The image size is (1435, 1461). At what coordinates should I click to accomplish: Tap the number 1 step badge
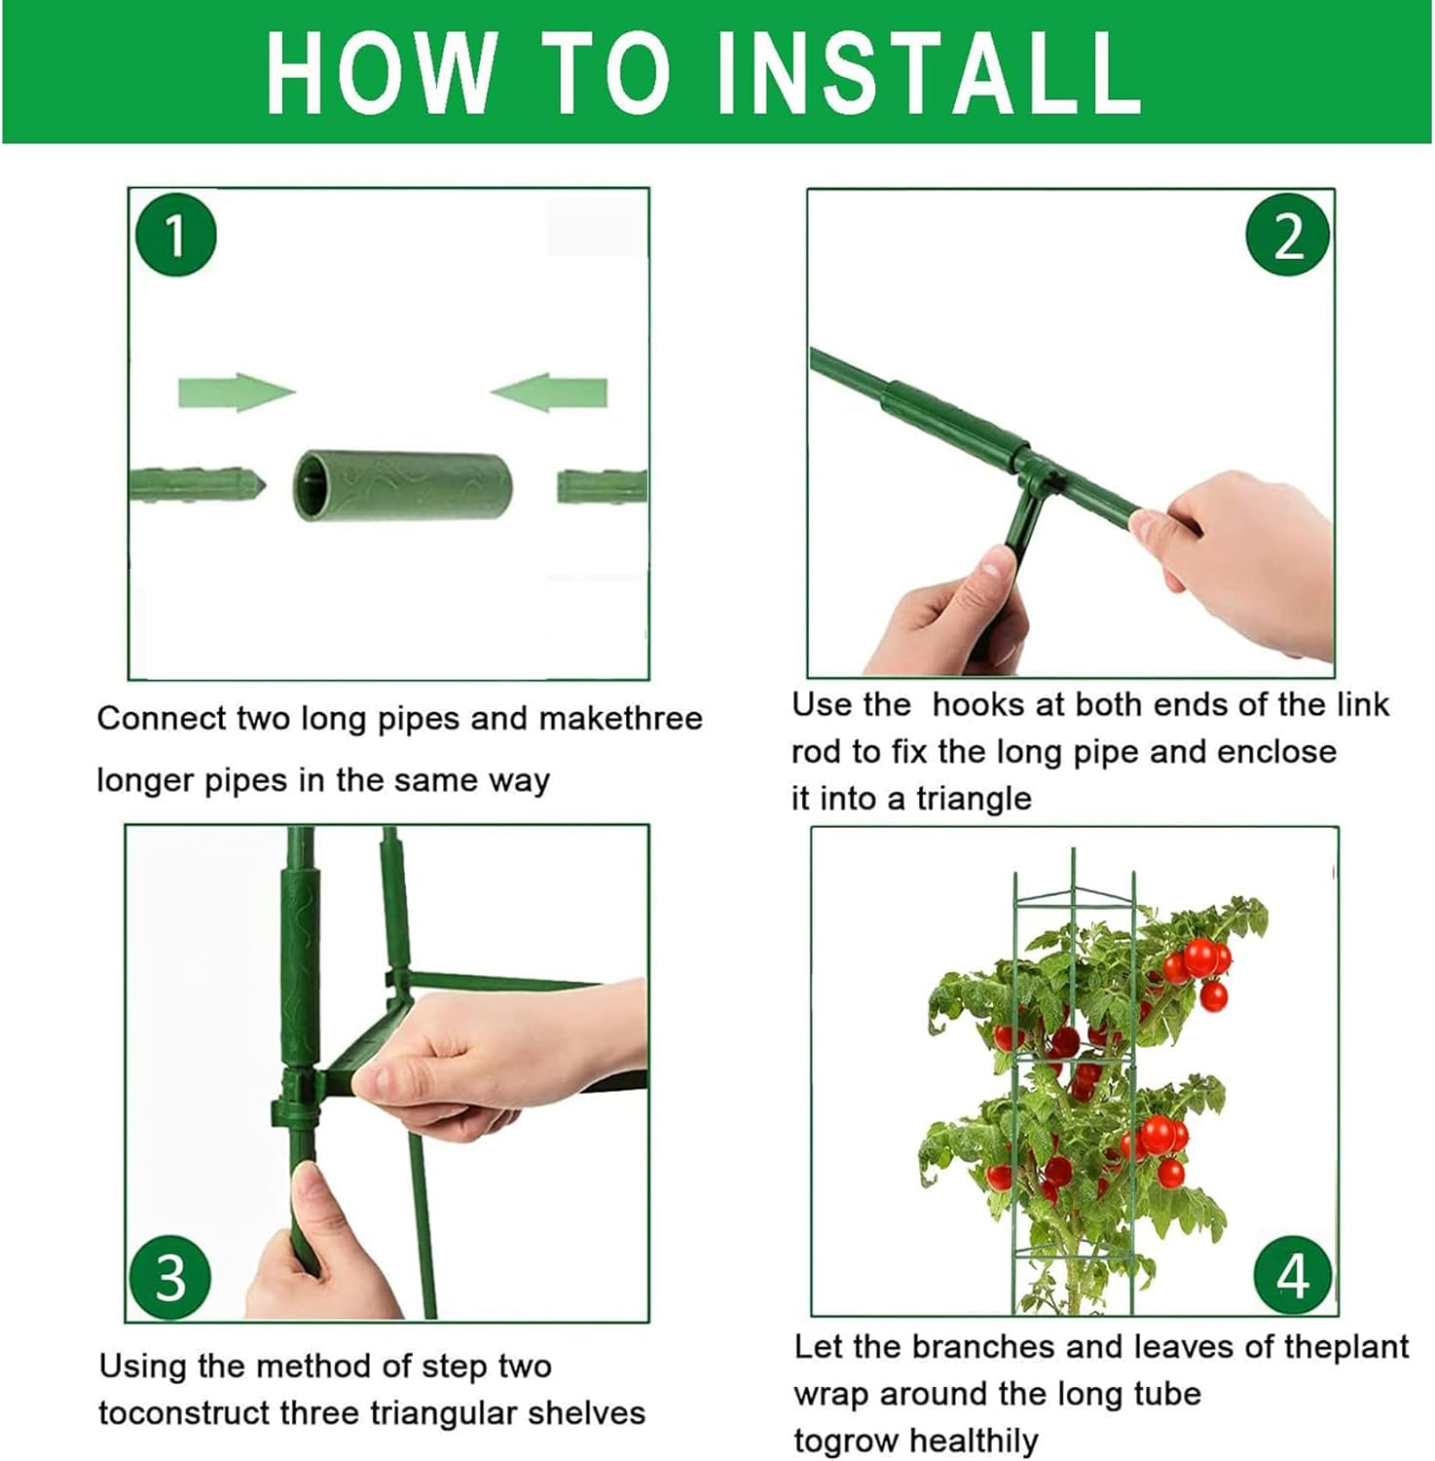[175, 236]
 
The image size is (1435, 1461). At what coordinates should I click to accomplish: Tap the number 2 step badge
[1288, 236]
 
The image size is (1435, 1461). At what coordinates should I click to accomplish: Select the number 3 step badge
[170, 1277]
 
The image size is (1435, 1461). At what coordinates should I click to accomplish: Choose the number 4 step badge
[1293, 1275]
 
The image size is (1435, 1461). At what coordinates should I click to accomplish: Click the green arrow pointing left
[549, 393]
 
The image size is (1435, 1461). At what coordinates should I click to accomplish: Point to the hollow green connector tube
[404, 485]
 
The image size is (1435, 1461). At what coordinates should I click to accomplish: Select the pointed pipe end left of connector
[200, 484]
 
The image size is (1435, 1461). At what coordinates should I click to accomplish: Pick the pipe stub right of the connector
[602, 485]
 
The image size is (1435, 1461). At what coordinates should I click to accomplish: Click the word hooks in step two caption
[976, 704]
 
